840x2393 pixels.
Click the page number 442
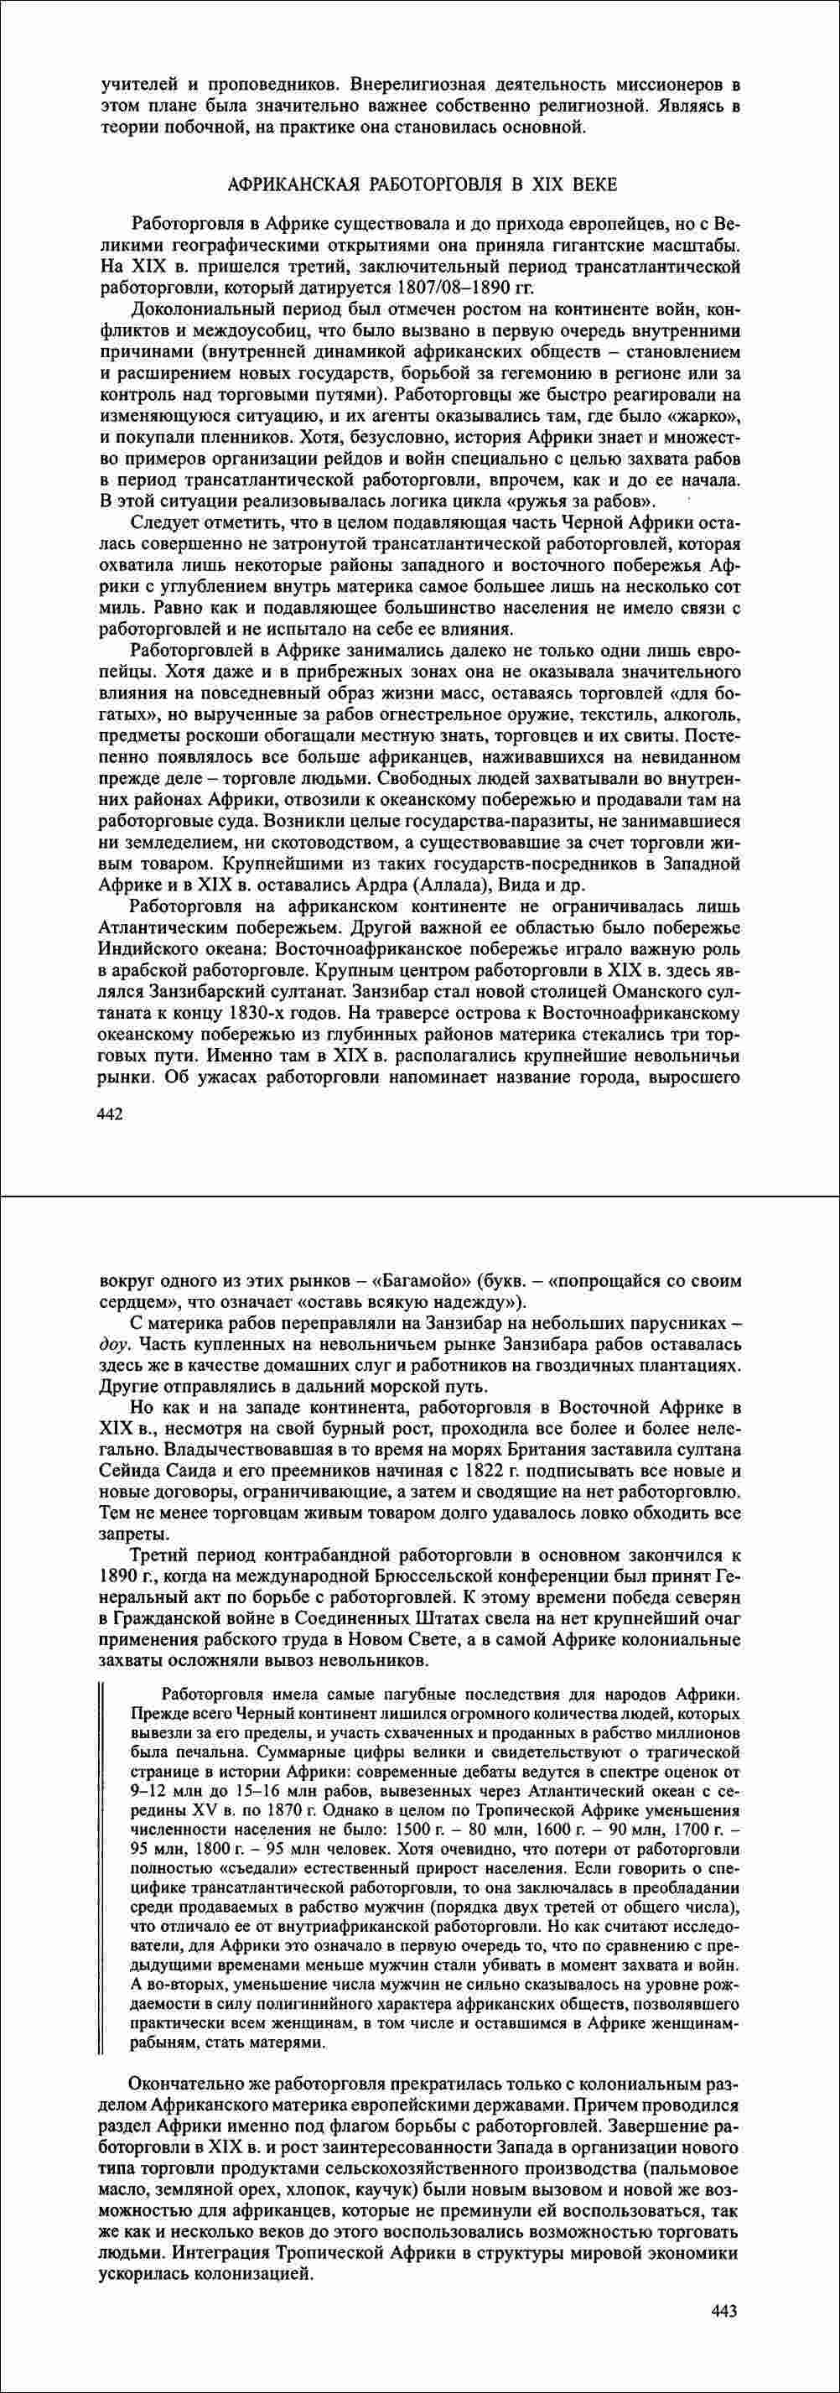point(111,1112)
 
